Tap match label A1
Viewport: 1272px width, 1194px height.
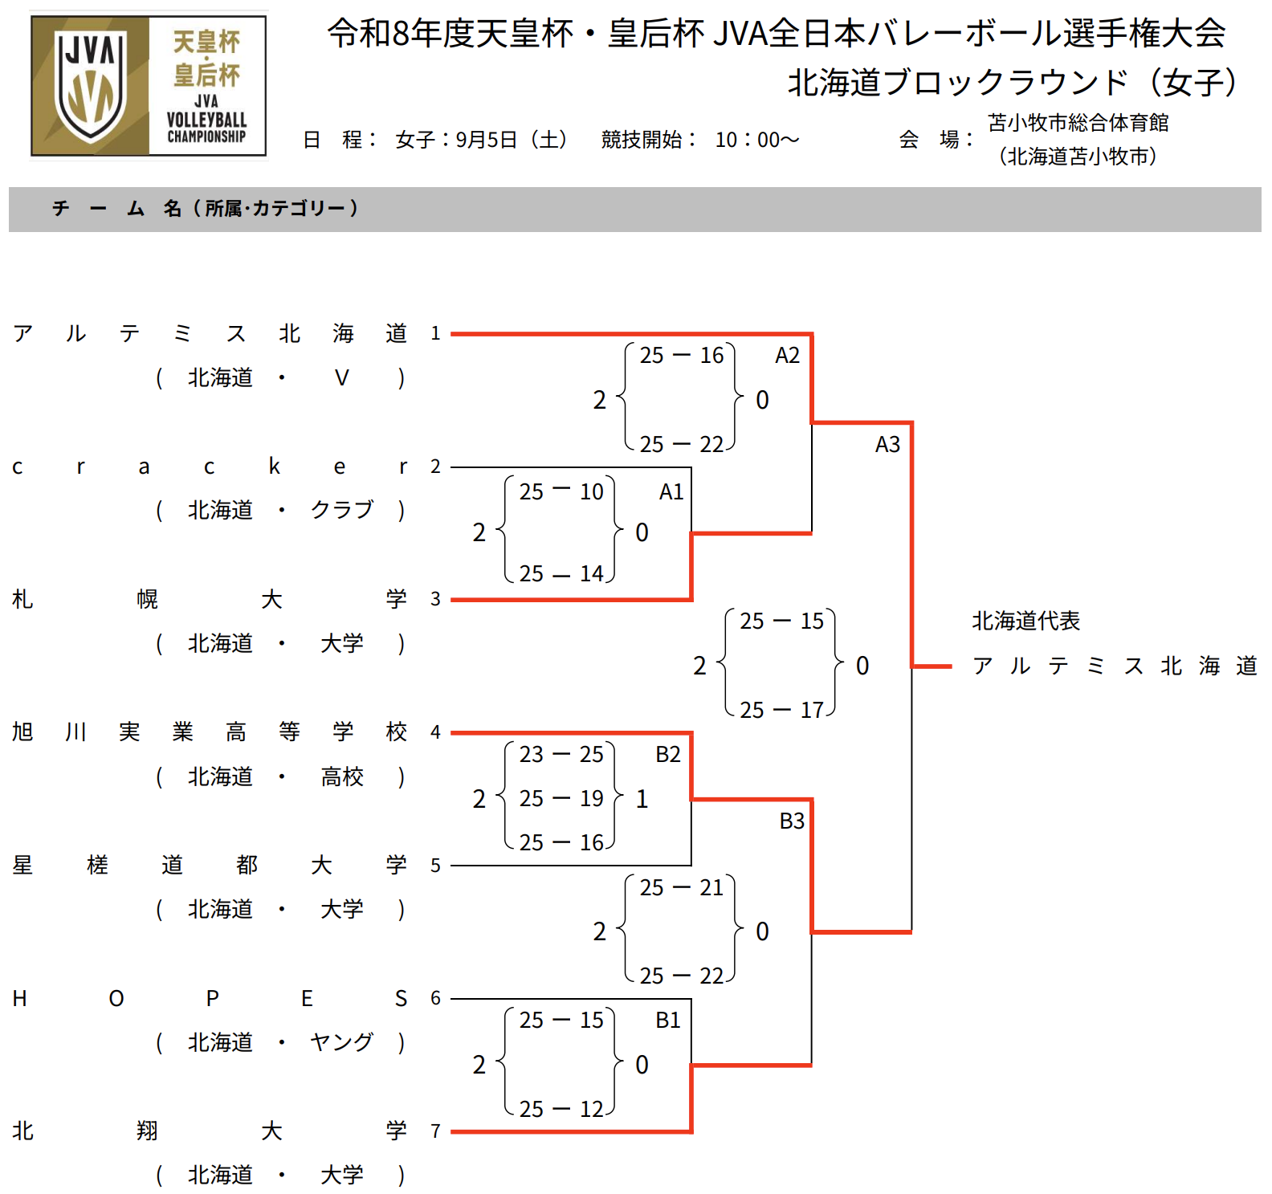pyautogui.click(x=671, y=491)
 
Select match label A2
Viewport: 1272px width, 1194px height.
pyautogui.click(x=787, y=355)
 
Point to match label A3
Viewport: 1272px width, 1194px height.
pyautogui.click(x=887, y=444)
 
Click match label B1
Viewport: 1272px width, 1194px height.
pyautogui.click(x=668, y=1020)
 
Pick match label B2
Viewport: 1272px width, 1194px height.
pyautogui.click(x=668, y=754)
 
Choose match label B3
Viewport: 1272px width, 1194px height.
pyautogui.click(x=792, y=821)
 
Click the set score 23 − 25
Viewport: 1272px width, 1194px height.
pyautogui.click(x=561, y=754)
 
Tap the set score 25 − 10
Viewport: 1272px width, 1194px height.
pyautogui.click(x=561, y=491)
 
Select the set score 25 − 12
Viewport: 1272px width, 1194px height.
pyautogui.click(x=561, y=1109)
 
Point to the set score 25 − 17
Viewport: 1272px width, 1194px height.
pyautogui.click(x=782, y=710)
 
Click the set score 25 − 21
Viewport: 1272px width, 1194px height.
pyautogui.click(x=682, y=887)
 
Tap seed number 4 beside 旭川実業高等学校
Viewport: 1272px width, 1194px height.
pyautogui.click(x=435, y=731)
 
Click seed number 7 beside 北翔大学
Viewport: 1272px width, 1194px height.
pyautogui.click(x=435, y=1131)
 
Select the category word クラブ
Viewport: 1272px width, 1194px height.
pyautogui.click(x=342, y=510)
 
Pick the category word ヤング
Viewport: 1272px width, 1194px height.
pyautogui.click(x=342, y=1042)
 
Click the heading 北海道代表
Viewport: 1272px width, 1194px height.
pyautogui.click(x=1025, y=621)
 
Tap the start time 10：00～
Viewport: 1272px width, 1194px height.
pyautogui.click(x=757, y=140)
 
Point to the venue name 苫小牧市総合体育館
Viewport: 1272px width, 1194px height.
pyautogui.click(x=1078, y=123)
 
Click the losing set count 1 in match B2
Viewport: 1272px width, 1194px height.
pyautogui.click(x=642, y=799)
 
